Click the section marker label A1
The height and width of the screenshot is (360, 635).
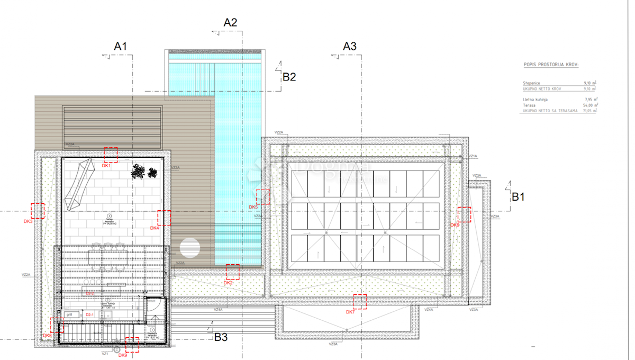point(121,47)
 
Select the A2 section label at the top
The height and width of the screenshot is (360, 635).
point(231,22)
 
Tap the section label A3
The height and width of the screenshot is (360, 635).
point(350,46)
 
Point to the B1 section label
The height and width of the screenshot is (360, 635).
point(518,197)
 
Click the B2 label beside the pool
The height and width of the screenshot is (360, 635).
point(289,77)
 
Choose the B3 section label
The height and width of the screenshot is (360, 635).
point(221,337)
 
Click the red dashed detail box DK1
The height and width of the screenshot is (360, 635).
point(111,155)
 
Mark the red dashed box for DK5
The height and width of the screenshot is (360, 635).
point(262,196)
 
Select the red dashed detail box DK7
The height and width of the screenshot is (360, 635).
point(360,301)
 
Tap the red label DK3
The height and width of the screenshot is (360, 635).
point(28,221)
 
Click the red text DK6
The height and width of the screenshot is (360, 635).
point(455,225)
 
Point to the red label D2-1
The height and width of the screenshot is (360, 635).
point(89,315)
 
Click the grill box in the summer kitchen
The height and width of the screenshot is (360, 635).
point(69,314)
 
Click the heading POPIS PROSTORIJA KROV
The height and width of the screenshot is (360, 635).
point(551,64)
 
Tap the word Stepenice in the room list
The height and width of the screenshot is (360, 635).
point(531,83)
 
